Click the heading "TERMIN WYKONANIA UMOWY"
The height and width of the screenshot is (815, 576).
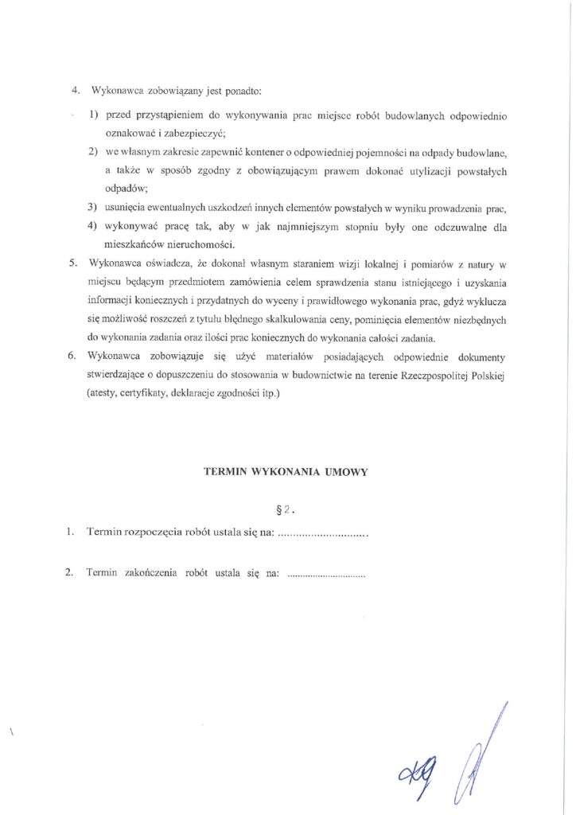pyautogui.click(x=286, y=471)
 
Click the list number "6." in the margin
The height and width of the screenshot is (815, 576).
pyautogui.click(x=72, y=356)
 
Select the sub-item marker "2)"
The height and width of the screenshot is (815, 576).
pyautogui.click(x=93, y=151)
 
